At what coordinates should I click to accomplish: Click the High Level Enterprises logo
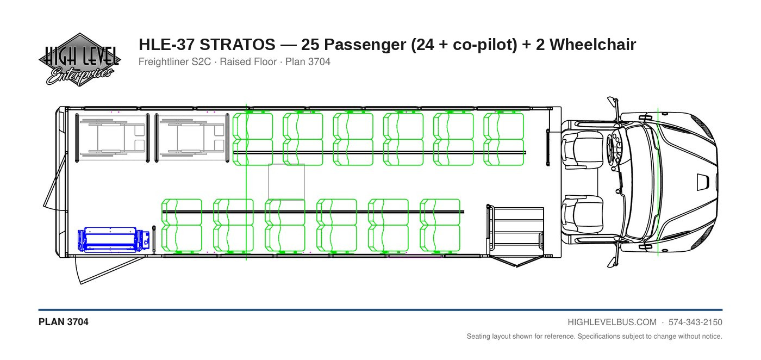point(79,59)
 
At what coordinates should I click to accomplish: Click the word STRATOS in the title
point(237,45)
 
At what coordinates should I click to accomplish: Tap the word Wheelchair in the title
point(592,45)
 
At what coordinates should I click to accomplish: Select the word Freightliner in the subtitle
point(174,62)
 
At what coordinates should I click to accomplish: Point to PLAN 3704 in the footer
point(64,322)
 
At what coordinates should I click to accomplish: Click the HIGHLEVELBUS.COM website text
point(612,322)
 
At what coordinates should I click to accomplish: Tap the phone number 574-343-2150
point(695,322)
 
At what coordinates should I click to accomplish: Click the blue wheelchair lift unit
point(114,240)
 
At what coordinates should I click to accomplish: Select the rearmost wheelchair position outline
point(113,138)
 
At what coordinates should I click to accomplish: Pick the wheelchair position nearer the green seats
point(192,138)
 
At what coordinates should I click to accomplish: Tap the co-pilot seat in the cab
point(582,214)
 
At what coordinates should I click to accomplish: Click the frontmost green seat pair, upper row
point(504,139)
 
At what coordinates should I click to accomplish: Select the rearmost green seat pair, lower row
point(182,225)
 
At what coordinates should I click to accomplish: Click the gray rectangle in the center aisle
point(286,182)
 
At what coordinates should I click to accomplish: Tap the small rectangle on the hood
point(702,182)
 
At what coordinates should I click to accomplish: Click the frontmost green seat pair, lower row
point(440,225)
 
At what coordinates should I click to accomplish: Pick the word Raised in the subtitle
point(235,62)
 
